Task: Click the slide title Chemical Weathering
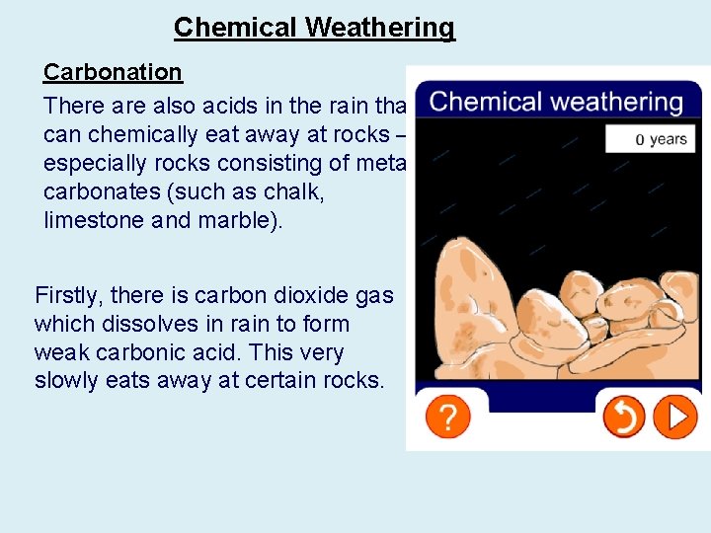314,28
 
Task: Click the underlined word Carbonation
113,72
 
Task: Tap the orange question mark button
447,418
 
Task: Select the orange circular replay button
624,418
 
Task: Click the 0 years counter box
648,139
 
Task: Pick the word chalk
295,190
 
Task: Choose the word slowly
66,381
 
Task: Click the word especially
93,162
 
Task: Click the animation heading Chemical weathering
556,102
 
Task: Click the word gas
374,294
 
